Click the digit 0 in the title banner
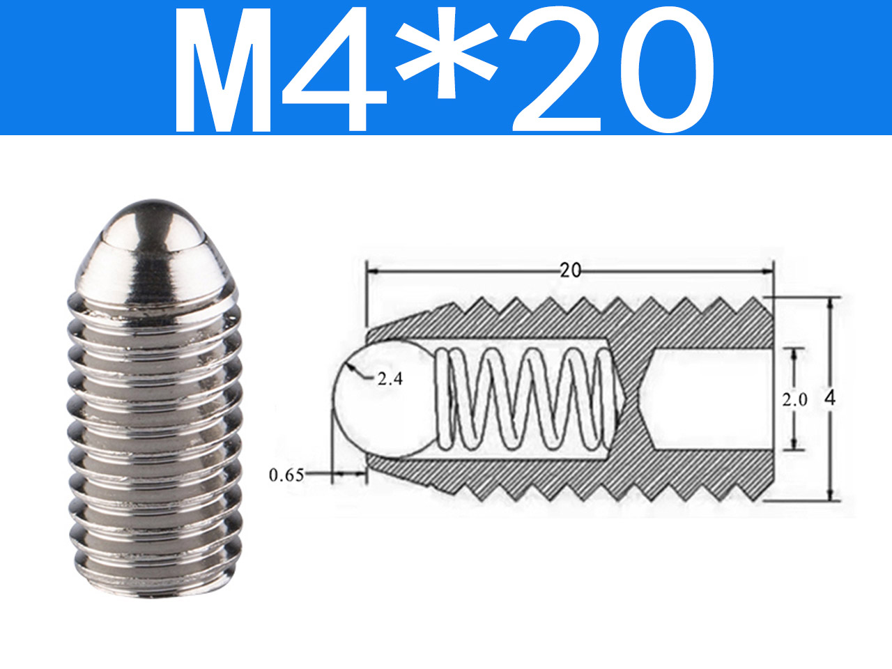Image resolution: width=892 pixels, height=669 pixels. click(x=668, y=70)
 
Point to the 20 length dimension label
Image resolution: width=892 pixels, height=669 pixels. click(x=571, y=270)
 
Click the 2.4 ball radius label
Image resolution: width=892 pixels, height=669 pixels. click(x=390, y=379)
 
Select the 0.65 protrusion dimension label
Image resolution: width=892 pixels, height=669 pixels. click(x=286, y=475)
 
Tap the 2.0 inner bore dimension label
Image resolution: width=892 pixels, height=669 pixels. click(x=795, y=400)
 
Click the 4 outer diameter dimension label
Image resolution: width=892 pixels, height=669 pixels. click(x=830, y=399)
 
